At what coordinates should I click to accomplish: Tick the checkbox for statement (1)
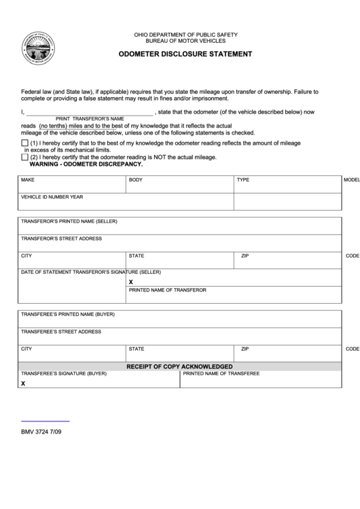coord(25,143)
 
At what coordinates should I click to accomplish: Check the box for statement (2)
coord(25,157)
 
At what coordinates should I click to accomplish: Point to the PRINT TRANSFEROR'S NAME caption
coord(90,118)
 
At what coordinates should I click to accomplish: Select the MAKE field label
coord(28,180)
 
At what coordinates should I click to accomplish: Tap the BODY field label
coord(136,180)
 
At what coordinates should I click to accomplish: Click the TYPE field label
coord(243,180)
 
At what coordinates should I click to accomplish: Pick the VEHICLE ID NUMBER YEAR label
coord(52,196)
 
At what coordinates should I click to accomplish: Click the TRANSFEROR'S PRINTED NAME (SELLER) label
coord(69,222)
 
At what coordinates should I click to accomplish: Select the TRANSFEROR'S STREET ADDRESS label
coord(62,239)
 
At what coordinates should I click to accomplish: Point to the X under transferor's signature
coord(131,281)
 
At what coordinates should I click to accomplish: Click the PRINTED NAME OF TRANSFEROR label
coord(167,290)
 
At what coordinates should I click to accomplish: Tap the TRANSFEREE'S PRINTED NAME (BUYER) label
coord(68,315)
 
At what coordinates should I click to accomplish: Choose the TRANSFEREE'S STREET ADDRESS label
coord(61,332)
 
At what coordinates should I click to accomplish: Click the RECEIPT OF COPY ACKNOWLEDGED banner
coord(180,366)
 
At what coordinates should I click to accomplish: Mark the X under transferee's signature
coord(23,383)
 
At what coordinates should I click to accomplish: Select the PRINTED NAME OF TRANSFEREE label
coord(221,374)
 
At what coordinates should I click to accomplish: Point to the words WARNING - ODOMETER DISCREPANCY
coord(86,164)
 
